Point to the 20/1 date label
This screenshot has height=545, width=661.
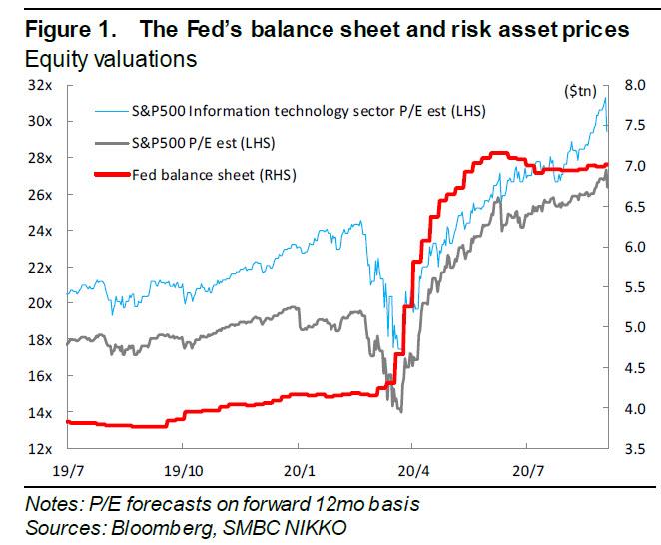point(300,467)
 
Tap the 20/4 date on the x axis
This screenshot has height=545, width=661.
point(414,467)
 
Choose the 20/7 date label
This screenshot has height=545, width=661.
point(528,467)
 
